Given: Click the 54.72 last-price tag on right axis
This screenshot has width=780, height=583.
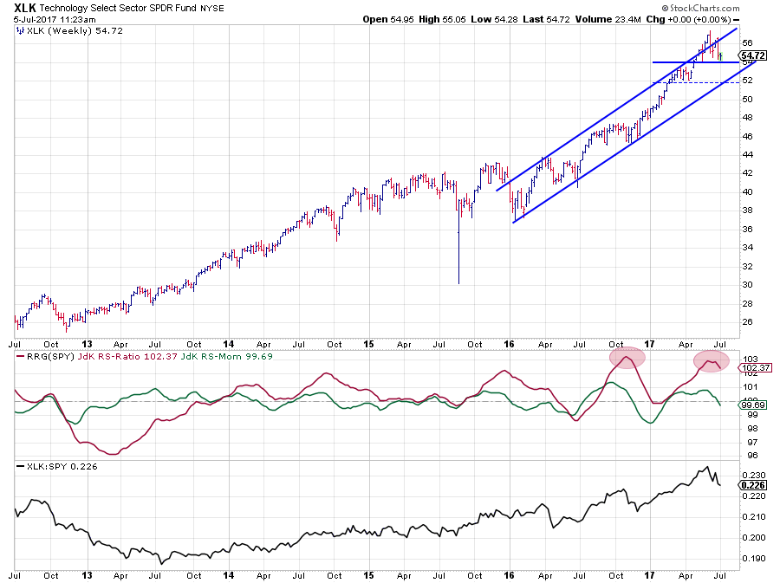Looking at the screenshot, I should point(751,57).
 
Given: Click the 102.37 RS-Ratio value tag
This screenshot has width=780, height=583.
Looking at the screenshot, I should point(751,367).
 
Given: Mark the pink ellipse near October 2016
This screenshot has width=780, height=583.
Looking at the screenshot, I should point(627,355).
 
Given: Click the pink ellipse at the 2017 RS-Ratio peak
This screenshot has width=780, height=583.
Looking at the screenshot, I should point(712,361).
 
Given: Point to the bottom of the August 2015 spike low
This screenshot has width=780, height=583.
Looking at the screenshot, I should point(458,283).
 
